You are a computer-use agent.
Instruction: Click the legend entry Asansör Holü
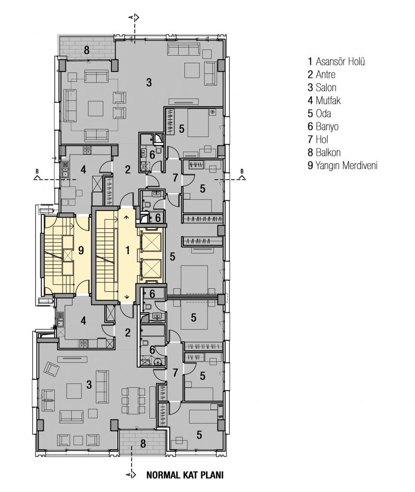tap(336, 61)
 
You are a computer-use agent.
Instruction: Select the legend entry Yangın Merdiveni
tap(342, 165)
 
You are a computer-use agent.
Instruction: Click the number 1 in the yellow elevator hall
tap(127, 250)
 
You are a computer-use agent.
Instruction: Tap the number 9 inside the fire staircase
tap(81, 250)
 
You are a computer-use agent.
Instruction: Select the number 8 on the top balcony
tap(86, 49)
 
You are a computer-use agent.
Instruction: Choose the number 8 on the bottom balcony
tap(143, 443)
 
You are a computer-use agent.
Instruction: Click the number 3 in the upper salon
tap(149, 83)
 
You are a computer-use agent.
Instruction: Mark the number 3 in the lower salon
tap(89, 384)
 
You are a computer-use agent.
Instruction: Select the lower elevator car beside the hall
tap(150, 268)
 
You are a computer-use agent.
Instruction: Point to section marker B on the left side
tap(37, 175)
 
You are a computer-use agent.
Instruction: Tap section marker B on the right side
tap(242, 175)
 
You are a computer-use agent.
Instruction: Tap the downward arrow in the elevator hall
tap(127, 297)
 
